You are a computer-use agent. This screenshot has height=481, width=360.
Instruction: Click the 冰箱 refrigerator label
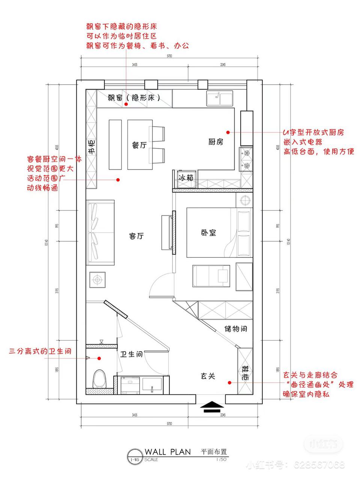[185, 178]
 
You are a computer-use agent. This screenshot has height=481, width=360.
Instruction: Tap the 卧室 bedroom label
[208, 233]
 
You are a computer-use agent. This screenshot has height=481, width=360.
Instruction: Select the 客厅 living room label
[137, 236]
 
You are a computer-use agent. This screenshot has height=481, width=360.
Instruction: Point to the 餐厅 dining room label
[139, 145]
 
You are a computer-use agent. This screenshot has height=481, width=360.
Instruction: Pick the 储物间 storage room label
[236, 329]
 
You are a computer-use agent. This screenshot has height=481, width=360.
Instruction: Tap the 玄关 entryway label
[208, 375]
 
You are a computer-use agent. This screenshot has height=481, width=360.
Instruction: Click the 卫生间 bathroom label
[131, 354]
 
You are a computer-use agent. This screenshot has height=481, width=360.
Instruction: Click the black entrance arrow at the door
[211, 407]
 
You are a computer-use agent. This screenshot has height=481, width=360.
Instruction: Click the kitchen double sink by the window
[220, 99]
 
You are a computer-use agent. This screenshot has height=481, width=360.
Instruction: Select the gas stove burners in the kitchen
[247, 159]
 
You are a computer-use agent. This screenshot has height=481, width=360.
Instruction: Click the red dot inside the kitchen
[228, 132]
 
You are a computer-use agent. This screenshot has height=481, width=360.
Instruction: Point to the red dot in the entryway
[229, 383]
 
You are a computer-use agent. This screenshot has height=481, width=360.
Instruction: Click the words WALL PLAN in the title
[167, 452]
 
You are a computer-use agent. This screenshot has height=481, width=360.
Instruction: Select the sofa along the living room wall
[101, 233]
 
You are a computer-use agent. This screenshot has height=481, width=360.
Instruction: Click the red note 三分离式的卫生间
[40, 352]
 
